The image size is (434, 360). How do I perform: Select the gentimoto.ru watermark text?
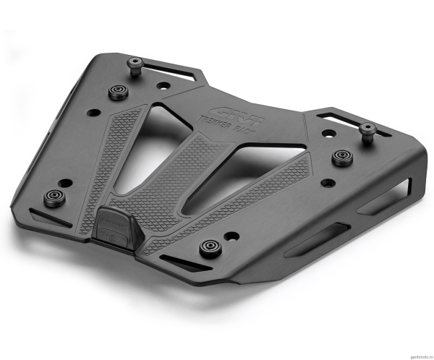(413, 354)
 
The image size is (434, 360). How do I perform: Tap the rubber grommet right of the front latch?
(210, 248)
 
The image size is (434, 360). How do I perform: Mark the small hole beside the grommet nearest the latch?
(230, 236)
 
